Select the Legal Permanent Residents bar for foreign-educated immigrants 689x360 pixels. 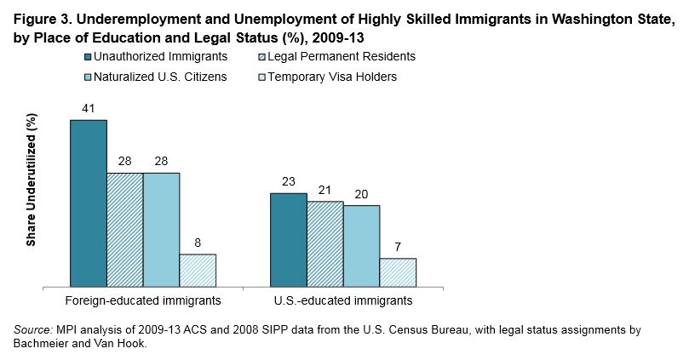(124, 229)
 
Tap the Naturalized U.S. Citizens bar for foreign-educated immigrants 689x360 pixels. (161, 229)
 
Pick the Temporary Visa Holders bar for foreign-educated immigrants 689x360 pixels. (198, 270)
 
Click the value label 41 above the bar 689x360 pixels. (88, 109)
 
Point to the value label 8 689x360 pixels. (198, 243)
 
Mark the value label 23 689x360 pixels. (288, 182)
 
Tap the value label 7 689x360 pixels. (398, 248)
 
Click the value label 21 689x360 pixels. (324, 191)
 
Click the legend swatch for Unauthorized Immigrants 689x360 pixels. (89, 57)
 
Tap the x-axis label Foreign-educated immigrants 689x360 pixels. (143, 300)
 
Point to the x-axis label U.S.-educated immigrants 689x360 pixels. (342, 300)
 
